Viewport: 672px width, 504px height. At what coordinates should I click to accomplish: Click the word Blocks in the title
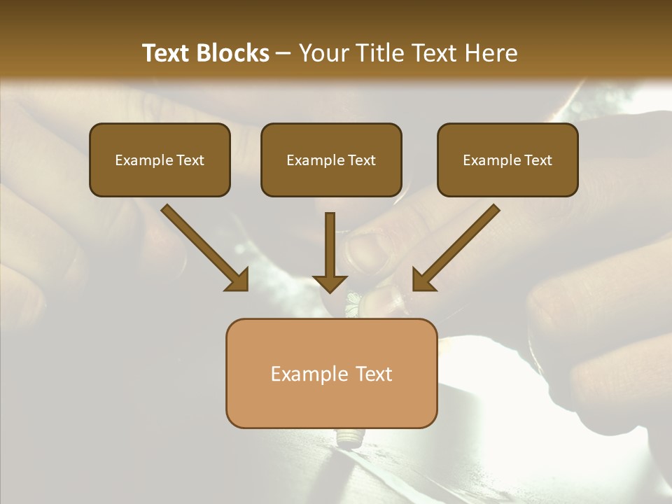pyautogui.click(x=234, y=53)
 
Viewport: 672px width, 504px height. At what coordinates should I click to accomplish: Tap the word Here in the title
pyautogui.click(x=491, y=53)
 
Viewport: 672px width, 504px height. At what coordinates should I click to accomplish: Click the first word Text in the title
pyautogui.click(x=168, y=53)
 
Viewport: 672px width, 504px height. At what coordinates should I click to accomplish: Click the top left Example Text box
pyautogui.click(x=160, y=160)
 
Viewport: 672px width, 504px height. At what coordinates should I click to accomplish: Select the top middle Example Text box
pyautogui.click(x=331, y=160)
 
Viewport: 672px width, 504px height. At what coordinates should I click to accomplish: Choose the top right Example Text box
pyautogui.click(x=507, y=160)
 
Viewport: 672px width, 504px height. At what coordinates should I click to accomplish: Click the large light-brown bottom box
pyautogui.click(x=331, y=373)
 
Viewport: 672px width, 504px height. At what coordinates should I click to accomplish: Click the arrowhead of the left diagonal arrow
pyautogui.click(x=238, y=280)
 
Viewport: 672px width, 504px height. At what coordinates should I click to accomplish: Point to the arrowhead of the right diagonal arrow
pyautogui.click(x=423, y=280)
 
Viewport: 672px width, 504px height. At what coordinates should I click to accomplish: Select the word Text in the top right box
pyautogui.click(x=538, y=160)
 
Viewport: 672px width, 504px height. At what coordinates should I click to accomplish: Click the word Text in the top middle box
pyautogui.click(x=362, y=160)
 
